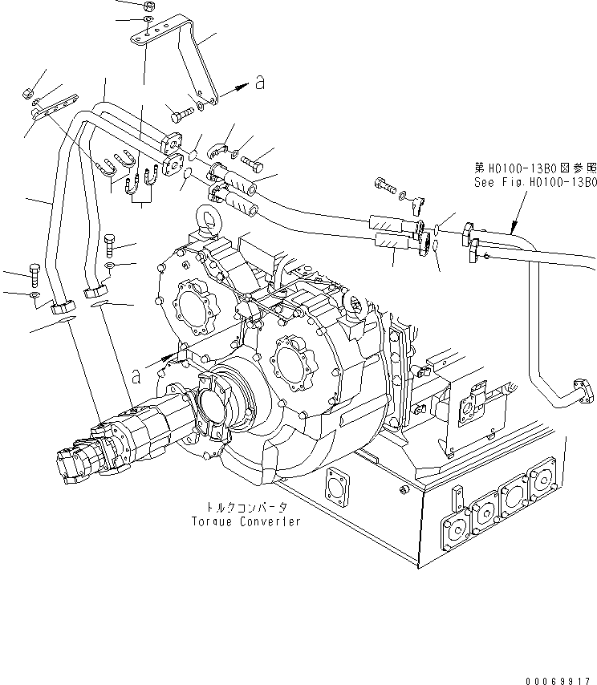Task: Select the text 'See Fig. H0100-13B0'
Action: tap(535, 182)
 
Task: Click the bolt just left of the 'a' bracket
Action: tap(181, 113)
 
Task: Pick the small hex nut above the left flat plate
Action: tap(27, 87)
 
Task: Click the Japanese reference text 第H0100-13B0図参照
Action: tap(535, 168)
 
